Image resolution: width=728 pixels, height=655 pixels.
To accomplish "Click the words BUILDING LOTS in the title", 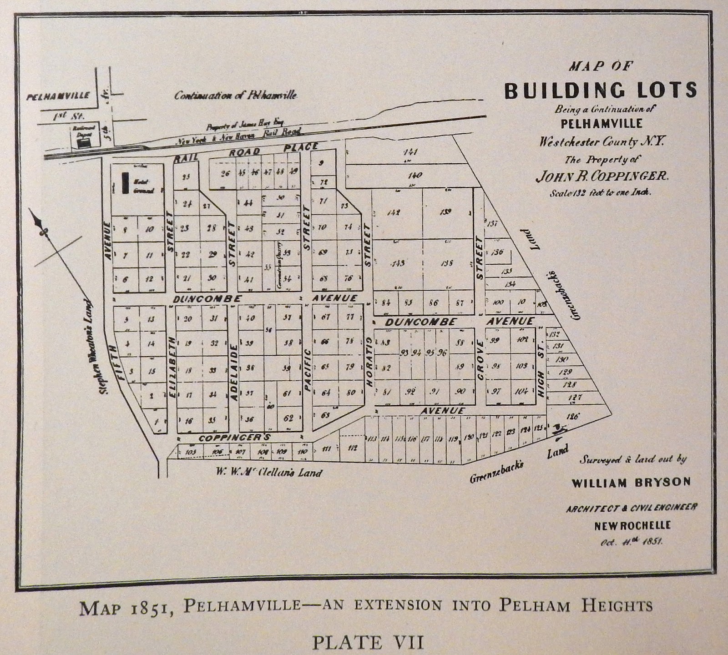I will point(600,91).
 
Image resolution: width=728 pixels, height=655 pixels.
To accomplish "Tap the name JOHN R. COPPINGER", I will point(602,176).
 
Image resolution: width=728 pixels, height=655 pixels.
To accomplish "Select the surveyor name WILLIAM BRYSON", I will point(631,482).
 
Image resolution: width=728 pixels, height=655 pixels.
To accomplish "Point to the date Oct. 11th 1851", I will point(631,541).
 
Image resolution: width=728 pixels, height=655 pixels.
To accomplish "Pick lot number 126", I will point(573,416).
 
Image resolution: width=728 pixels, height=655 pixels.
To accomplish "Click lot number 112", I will point(352,448).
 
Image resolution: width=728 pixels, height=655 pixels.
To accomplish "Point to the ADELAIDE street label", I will point(233,372).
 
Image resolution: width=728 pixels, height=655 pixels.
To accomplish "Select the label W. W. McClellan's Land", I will point(269,472).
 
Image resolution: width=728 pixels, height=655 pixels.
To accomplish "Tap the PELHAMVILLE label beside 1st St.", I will point(57,96).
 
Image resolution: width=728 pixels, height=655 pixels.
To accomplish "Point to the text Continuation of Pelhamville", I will point(236,96).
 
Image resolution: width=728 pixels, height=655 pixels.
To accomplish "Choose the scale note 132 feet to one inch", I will point(600,192).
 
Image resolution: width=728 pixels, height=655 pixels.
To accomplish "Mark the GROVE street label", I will point(480,365).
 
